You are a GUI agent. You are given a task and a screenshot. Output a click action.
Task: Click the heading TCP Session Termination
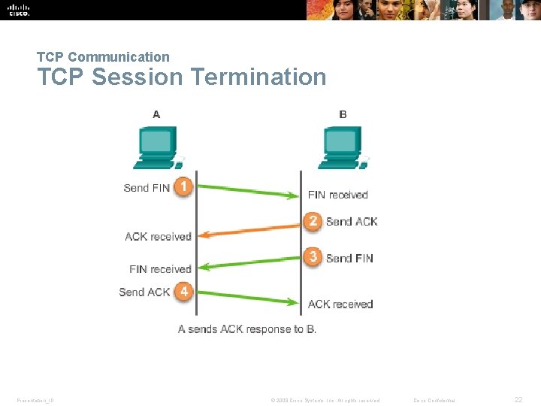click(182, 77)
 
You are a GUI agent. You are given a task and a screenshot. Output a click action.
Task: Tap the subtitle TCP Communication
click(104, 56)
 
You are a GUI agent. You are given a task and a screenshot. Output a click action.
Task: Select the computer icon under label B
click(343, 147)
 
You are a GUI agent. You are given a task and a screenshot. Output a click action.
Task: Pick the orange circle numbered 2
click(313, 221)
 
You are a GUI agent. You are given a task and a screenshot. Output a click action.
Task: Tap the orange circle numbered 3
click(313, 257)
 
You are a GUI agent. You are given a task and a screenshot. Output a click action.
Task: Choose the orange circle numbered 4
click(183, 292)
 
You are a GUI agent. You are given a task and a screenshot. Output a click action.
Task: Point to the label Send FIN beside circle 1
click(147, 188)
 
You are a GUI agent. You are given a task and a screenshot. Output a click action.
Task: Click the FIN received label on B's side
click(338, 195)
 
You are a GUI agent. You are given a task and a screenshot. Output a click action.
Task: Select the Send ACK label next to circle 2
click(352, 222)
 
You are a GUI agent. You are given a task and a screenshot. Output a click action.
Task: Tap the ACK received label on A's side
click(158, 237)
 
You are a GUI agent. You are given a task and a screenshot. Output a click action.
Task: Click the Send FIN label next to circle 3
click(349, 258)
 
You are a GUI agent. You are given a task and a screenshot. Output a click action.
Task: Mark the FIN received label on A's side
click(160, 269)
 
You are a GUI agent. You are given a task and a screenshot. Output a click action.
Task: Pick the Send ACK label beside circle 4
click(144, 292)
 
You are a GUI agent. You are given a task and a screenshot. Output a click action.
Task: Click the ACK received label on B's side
click(340, 304)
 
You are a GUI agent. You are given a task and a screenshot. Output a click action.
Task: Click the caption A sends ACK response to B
click(247, 329)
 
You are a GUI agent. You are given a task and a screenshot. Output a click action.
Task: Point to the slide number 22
click(518, 400)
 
